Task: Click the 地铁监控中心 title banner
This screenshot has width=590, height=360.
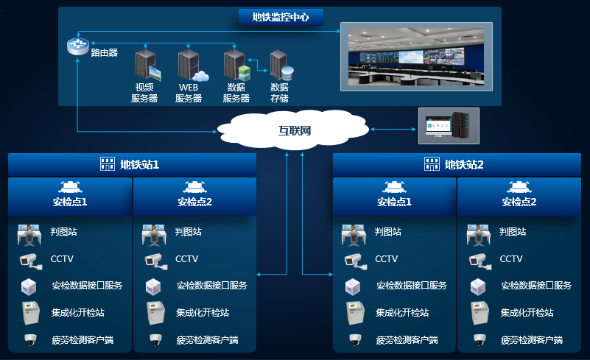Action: coord(281,17)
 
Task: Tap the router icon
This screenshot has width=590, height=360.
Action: coord(77,45)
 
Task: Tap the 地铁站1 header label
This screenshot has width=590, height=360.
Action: coord(139,165)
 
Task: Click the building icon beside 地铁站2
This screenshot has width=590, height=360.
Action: coord(431,164)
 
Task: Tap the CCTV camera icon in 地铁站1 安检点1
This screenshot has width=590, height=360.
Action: coord(28,259)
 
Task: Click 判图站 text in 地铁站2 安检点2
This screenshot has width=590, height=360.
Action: coord(513,232)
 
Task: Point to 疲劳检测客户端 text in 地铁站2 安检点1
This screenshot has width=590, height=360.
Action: coord(407,340)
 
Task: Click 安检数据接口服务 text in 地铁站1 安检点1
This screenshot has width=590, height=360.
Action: coord(86,286)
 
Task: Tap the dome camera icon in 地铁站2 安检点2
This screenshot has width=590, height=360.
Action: coord(480,339)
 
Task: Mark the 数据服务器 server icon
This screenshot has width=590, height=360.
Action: coord(236,65)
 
